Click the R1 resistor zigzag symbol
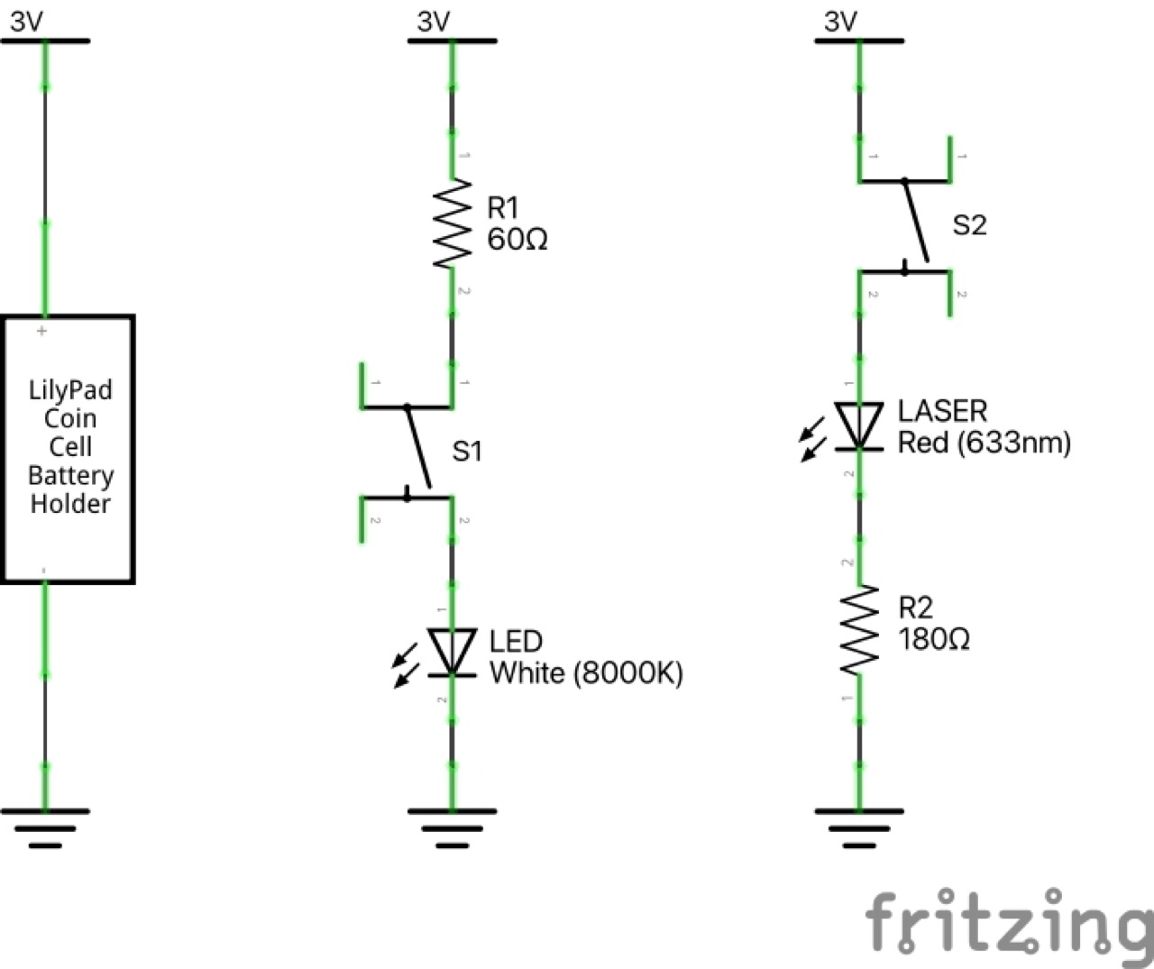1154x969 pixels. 453,224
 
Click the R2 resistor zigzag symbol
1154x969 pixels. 859,630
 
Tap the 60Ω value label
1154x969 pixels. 517,241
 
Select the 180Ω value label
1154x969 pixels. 933,639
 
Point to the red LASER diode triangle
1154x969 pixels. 859,425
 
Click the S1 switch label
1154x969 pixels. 467,451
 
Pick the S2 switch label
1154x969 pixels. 969,225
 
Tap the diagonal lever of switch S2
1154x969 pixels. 915,222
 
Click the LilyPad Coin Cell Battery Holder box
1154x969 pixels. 69,449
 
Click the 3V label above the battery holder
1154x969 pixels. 27,22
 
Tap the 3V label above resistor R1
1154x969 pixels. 434,22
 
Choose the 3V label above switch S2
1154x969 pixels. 841,22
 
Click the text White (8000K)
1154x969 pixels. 586,673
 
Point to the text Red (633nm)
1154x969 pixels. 984,443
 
